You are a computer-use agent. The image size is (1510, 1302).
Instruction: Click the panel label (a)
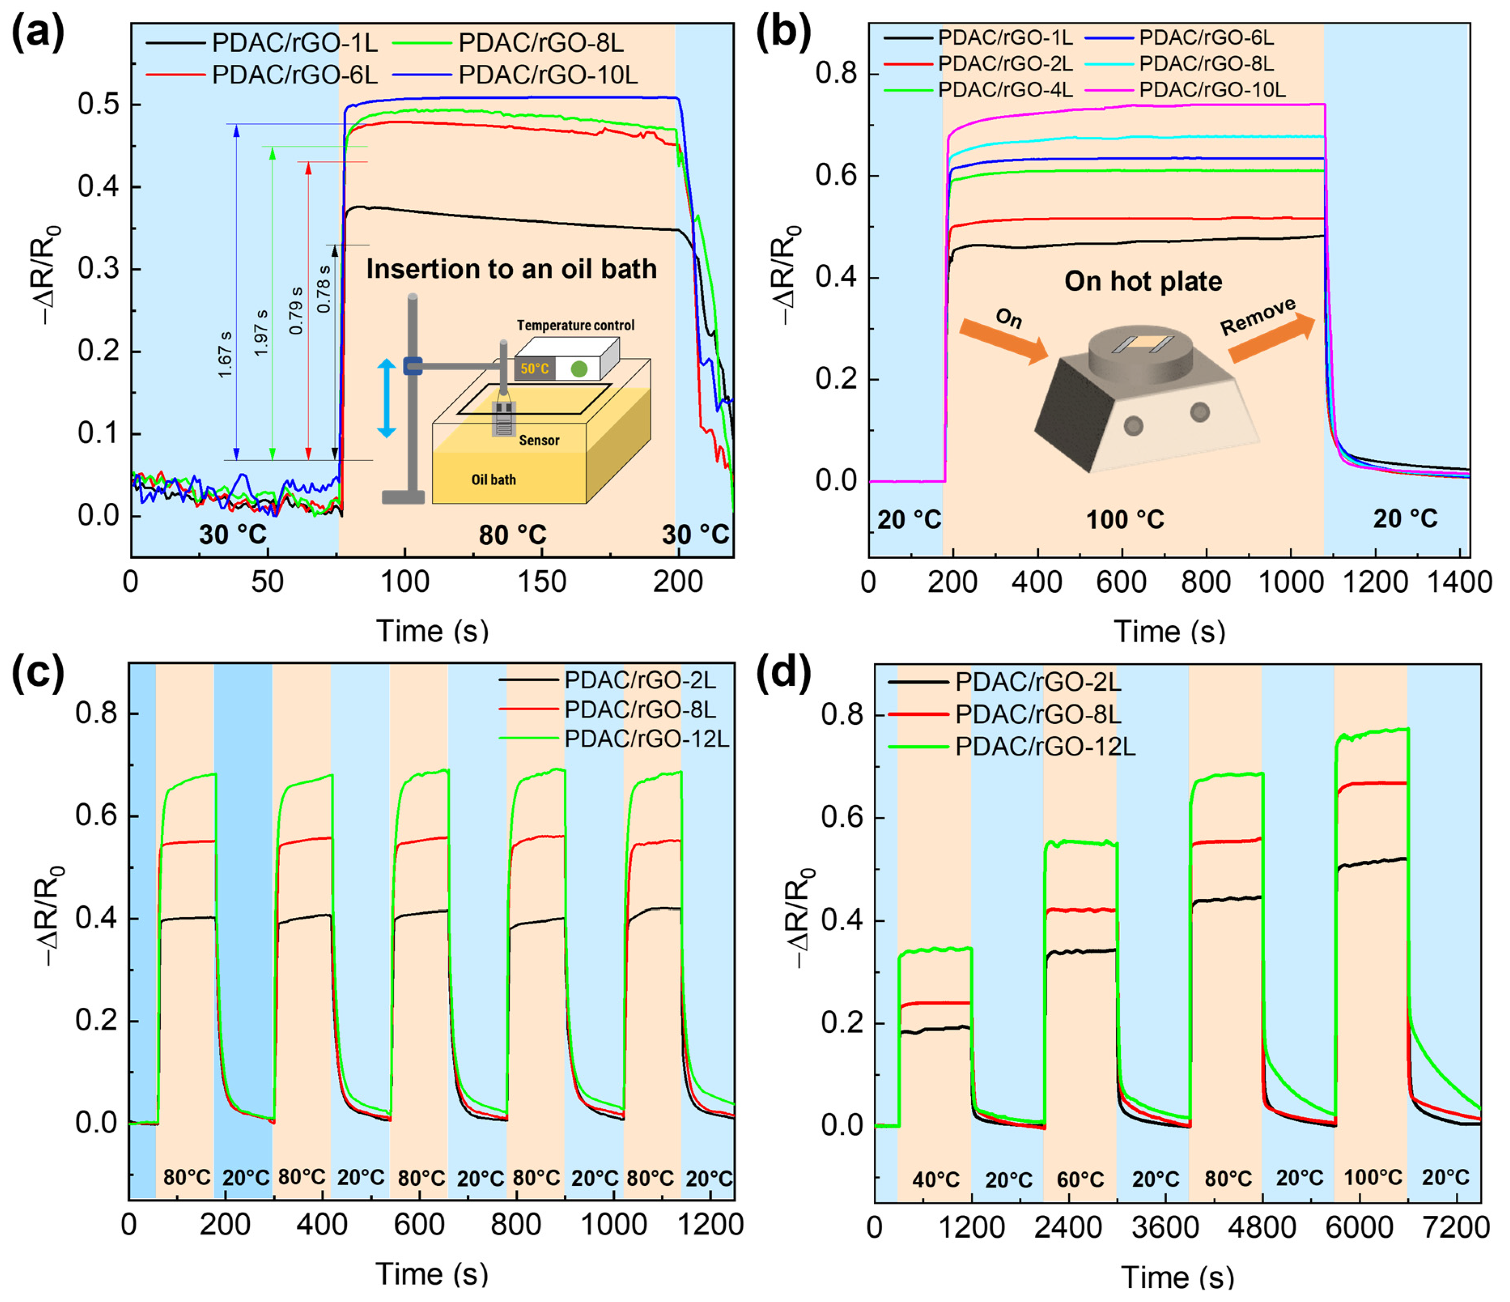[38, 35]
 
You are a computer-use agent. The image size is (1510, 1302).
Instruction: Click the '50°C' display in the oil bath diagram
[534, 369]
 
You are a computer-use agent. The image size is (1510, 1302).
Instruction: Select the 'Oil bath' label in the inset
[493, 480]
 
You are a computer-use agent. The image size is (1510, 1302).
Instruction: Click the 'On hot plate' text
[1143, 281]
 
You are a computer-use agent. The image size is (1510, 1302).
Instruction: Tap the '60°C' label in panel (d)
[1080, 1179]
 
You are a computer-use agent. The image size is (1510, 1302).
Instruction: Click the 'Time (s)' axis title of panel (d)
[1177, 1277]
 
